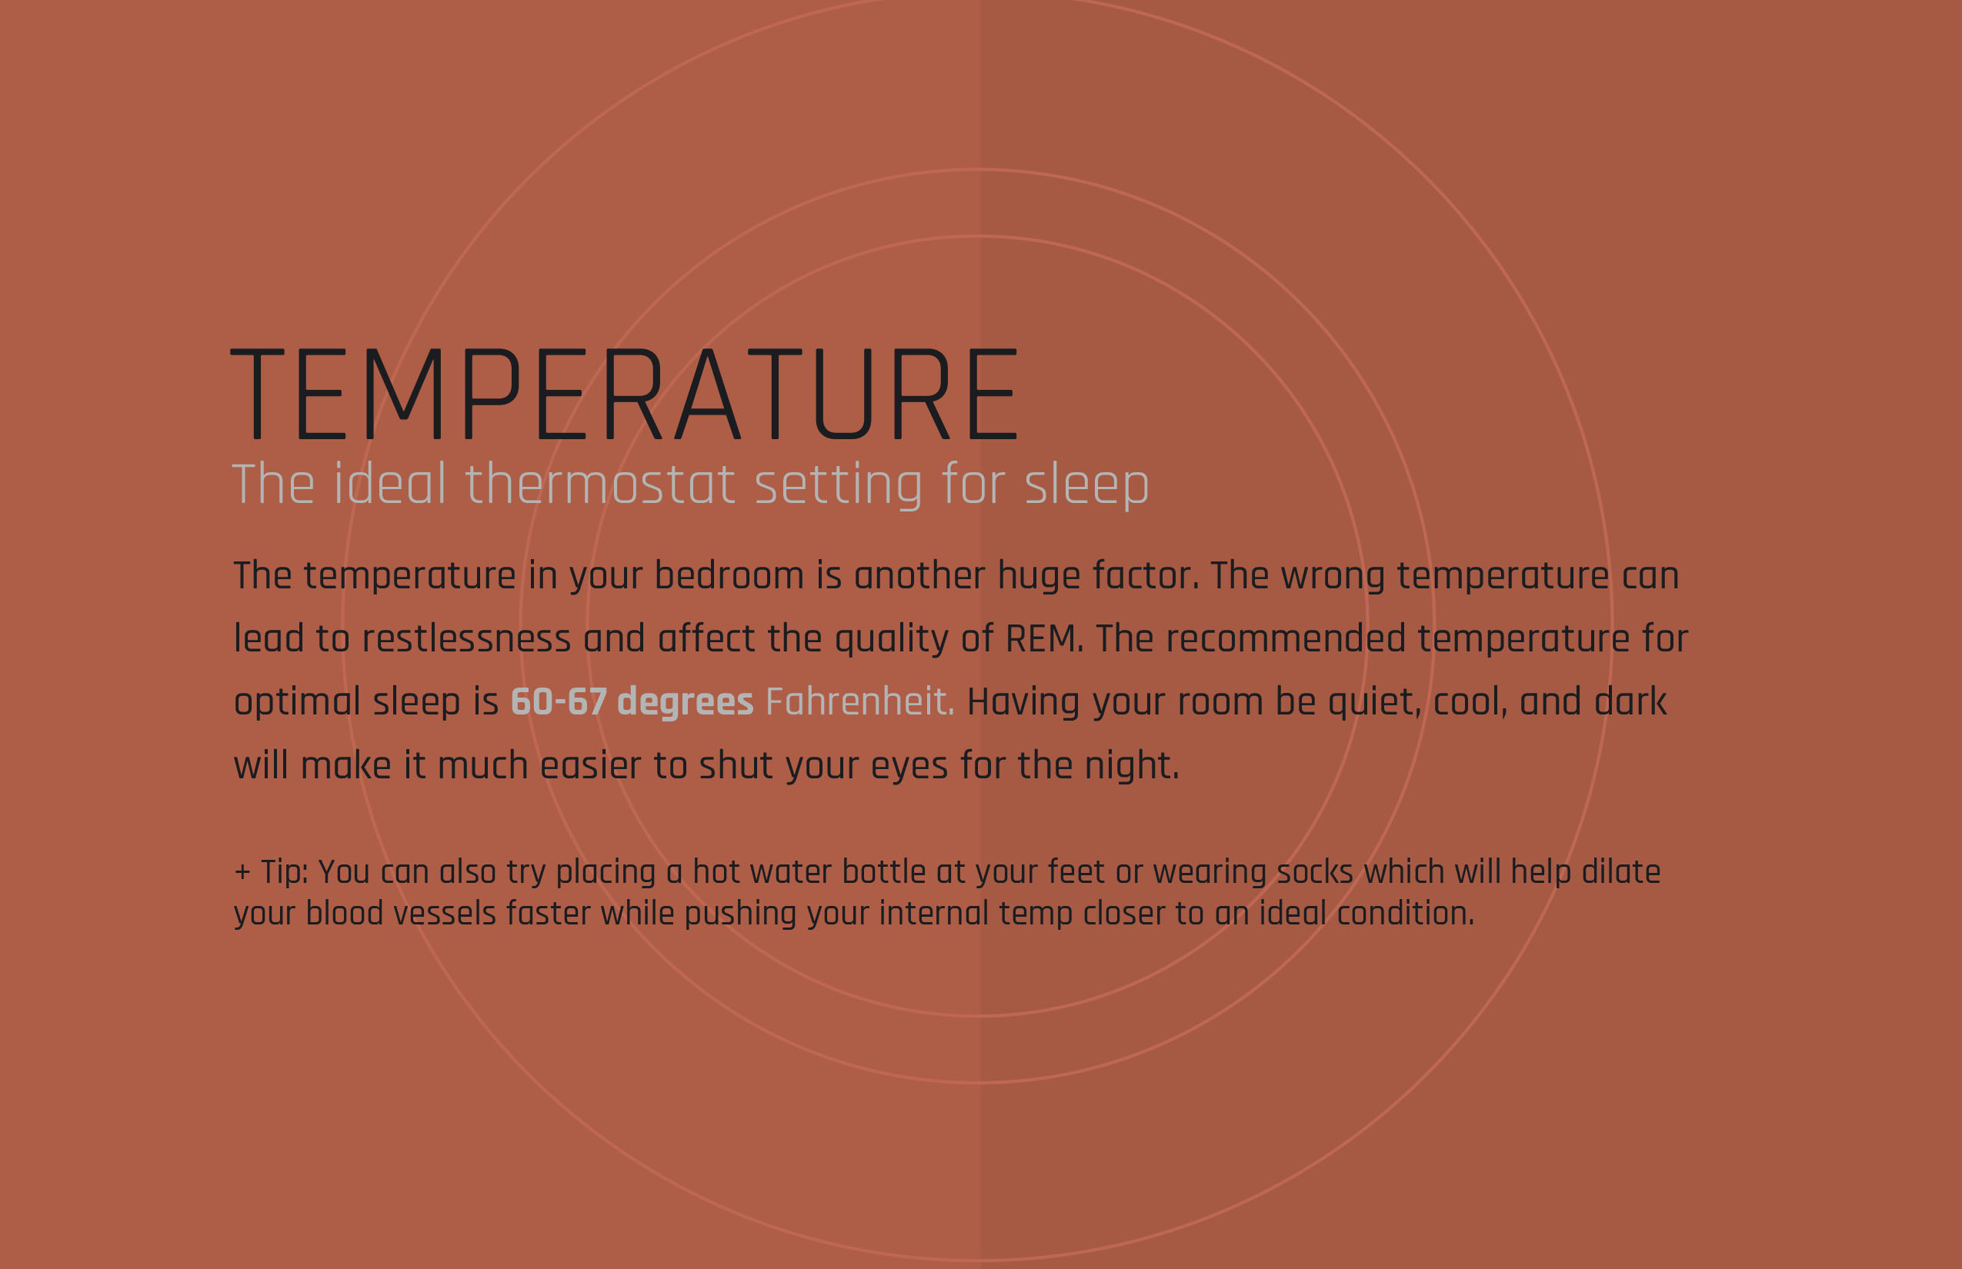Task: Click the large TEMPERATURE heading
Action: pos(625,394)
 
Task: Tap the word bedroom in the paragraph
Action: pos(729,575)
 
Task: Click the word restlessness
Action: pos(465,638)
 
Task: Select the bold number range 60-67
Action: pos(559,702)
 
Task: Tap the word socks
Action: pos(1315,872)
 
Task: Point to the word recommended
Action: pos(1286,638)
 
